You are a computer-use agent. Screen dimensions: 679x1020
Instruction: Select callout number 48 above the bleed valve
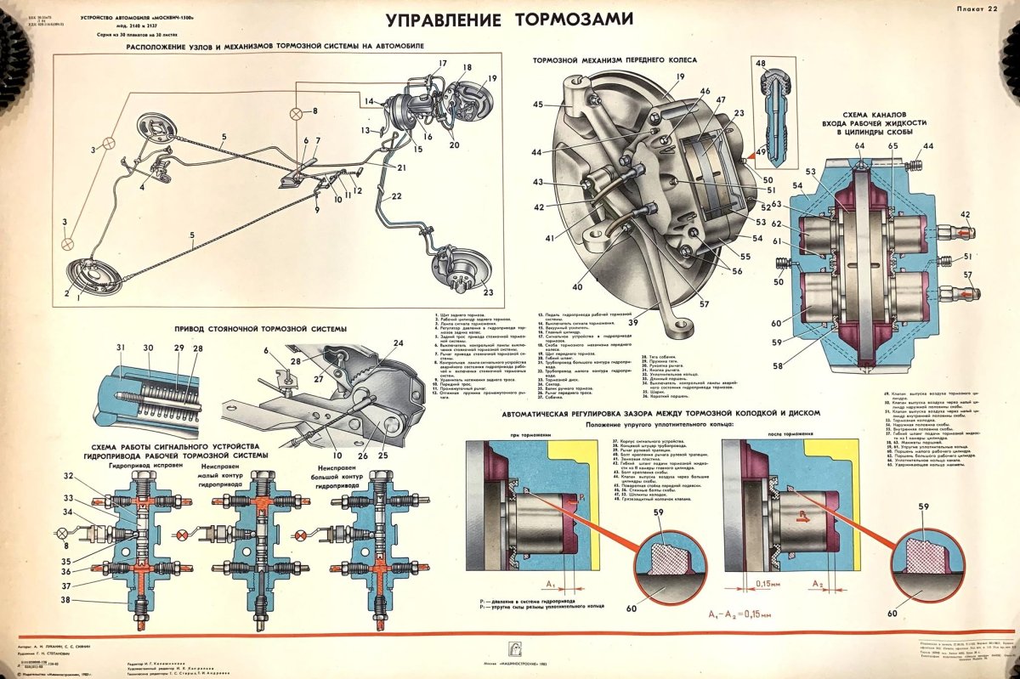760,64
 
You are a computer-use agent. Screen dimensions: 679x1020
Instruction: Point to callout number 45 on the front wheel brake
538,105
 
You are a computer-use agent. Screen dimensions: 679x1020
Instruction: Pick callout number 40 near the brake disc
579,286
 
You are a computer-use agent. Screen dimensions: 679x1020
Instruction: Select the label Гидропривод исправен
144,466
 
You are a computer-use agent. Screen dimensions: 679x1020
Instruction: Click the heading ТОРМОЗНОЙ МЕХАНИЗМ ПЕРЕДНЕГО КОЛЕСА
615,60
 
